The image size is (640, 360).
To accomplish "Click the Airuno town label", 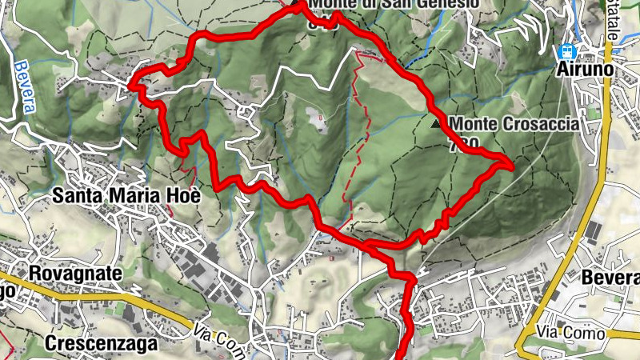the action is click(x=585, y=70).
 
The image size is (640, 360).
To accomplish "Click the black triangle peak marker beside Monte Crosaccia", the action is click(x=435, y=124).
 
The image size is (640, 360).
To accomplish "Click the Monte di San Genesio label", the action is click(x=395, y=4).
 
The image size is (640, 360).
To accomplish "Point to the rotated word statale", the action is click(x=613, y=20).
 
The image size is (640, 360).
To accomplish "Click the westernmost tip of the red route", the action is click(x=132, y=82).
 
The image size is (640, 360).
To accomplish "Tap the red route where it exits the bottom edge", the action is click(x=402, y=356).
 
